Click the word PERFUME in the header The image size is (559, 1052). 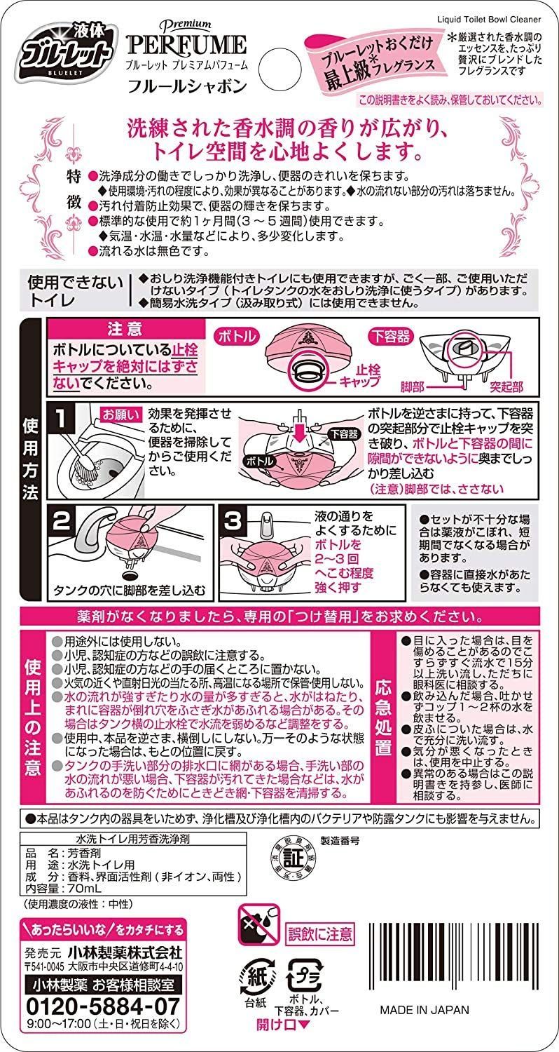pos(186,45)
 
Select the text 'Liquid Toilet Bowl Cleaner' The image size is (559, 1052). pos(489,20)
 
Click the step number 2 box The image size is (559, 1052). pos(62,520)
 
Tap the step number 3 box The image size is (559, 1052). pos(233,521)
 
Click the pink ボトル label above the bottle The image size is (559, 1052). pos(237,336)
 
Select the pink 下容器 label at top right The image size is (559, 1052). pos(391,336)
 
